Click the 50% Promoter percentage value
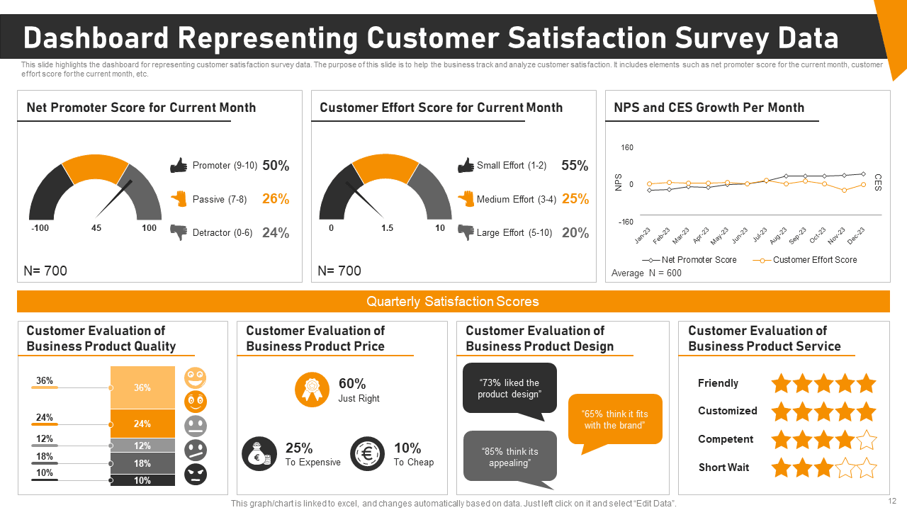(276, 166)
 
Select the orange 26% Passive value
(276, 199)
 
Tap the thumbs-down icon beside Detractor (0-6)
(179, 232)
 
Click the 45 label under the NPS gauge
(96, 228)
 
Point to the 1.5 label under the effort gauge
(387, 228)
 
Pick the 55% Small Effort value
(575, 166)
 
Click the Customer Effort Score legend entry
(814, 260)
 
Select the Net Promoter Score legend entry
(699, 260)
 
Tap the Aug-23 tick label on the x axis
(778, 235)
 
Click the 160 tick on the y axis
(627, 148)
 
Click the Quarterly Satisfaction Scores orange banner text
(453, 302)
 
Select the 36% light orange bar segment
(142, 387)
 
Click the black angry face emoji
(196, 474)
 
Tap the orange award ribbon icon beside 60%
(312, 390)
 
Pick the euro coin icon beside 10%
(368, 454)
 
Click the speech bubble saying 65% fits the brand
(615, 419)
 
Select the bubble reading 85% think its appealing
(509, 457)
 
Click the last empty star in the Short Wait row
(867, 467)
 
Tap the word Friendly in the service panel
(718, 383)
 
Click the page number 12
(892, 501)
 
